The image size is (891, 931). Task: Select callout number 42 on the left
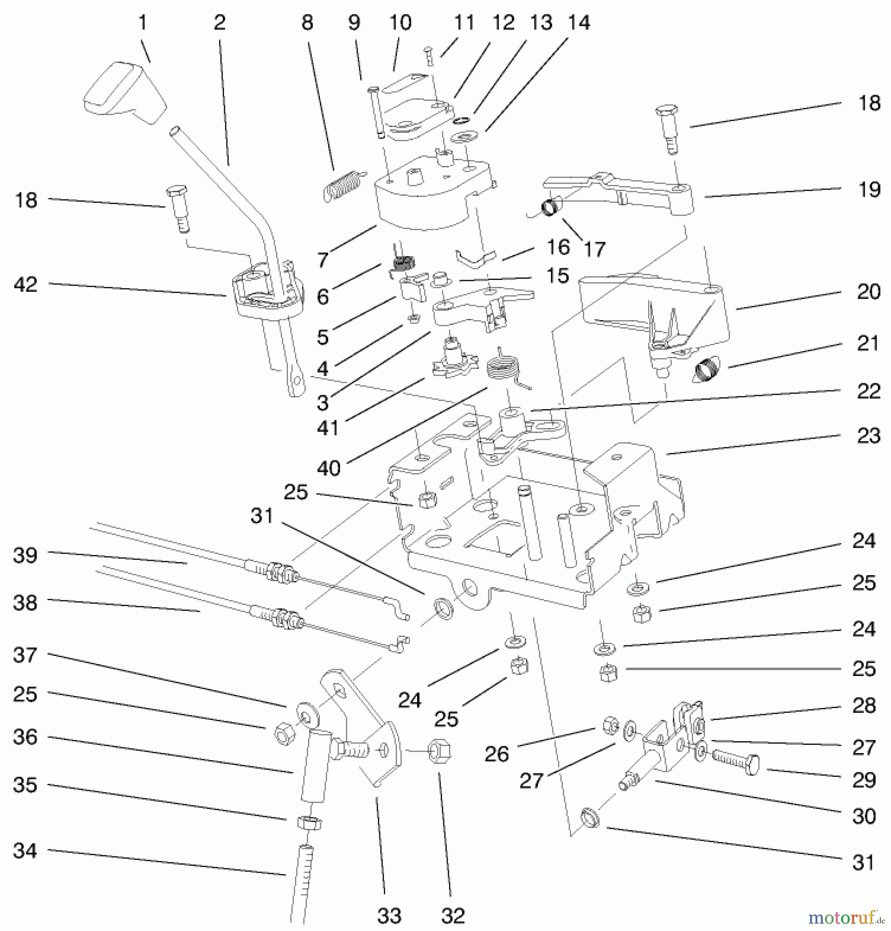coord(26,284)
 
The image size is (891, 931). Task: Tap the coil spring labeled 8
coord(343,185)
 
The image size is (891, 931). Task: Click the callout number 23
coord(868,436)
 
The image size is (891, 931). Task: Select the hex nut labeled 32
coord(439,749)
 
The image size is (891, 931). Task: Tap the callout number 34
coord(25,850)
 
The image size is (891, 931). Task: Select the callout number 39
coord(25,555)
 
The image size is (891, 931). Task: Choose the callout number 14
coord(579,23)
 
